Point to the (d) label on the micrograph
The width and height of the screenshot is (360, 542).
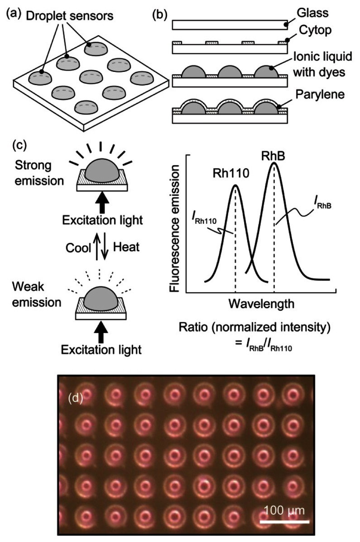75,399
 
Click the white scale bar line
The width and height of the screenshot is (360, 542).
284,521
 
